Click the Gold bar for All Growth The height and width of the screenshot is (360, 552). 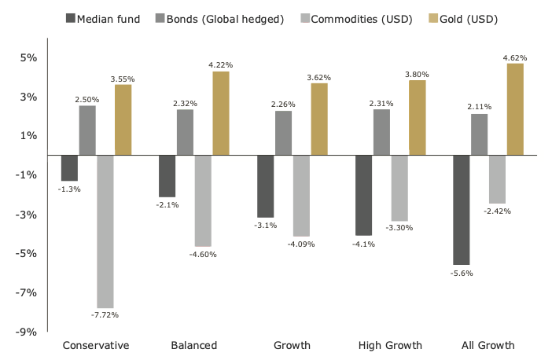pyautogui.click(x=515, y=109)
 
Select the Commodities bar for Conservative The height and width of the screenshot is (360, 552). pyautogui.click(x=105, y=231)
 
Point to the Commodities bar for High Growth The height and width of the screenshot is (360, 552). pyautogui.click(x=399, y=188)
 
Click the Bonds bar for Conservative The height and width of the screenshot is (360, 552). pyautogui.click(x=87, y=130)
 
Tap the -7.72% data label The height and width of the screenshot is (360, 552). pyautogui.click(x=105, y=315)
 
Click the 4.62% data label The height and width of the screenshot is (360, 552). pyautogui.click(x=514, y=57)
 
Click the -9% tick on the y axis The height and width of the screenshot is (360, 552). pyautogui.click(x=28, y=332)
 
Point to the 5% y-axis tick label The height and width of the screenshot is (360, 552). pyautogui.click(x=29, y=58)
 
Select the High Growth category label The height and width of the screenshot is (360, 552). pyautogui.click(x=390, y=345)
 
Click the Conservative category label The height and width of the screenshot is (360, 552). pyautogui.click(x=95, y=345)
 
